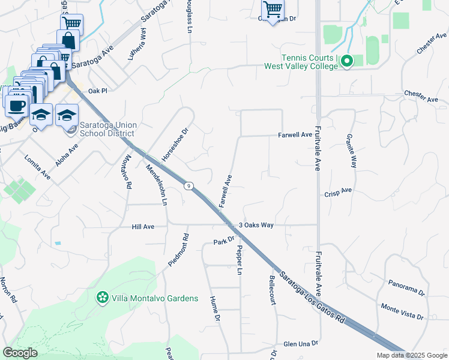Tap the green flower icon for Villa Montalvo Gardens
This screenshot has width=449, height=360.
coord(103,297)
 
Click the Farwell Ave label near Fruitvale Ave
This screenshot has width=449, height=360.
coord(295,135)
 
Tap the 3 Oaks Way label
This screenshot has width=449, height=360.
coord(256,225)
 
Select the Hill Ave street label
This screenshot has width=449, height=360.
coord(143,227)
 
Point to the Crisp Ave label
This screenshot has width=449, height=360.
coord(337,193)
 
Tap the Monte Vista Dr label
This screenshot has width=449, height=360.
coord(402,311)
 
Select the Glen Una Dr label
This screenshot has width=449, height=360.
coord(300,344)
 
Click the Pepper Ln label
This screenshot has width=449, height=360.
coord(239,260)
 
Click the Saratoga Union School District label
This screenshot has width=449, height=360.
coord(109,129)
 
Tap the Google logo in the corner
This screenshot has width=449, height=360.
coord(20,353)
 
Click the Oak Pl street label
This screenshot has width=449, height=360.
coord(97,91)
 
